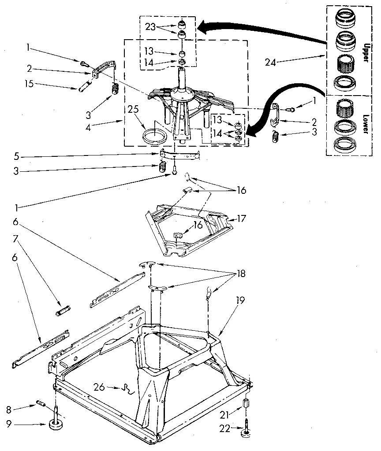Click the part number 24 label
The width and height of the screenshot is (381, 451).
pyautogui.click(x=270, y=62)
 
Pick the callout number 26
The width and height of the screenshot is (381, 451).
pyautogui.click(x=99, y=388)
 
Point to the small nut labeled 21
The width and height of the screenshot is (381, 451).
pyautogui.click(x=246, y=403)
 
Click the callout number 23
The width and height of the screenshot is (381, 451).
pyautogui.click(x=151, y=26)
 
